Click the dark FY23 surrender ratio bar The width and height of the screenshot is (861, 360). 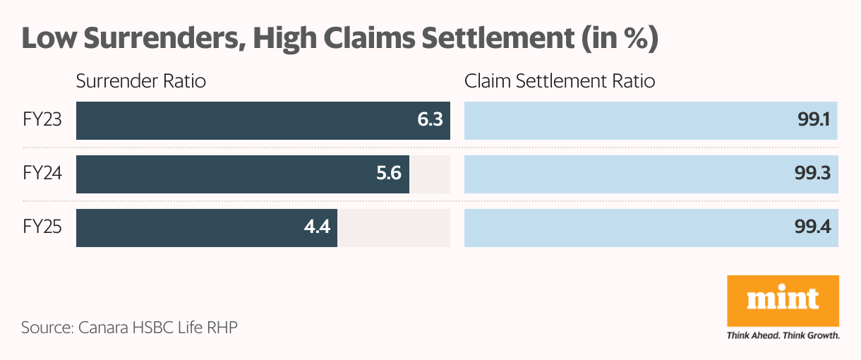click(240, 120)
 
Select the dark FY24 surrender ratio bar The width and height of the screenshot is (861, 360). click(226, 174)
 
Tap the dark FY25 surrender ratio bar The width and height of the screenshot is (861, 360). click(191, 228)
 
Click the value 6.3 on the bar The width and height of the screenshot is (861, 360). click(430, 120)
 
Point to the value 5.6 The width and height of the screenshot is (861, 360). click(389, 174)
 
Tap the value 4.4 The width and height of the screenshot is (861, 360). click(317, 228)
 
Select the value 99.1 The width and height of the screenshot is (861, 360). click(814, 120)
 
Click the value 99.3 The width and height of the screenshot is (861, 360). click(813, 174)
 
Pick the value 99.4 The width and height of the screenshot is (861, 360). click(813, 228)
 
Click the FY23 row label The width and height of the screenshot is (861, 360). click(42, 120)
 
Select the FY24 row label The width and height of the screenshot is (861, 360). click(42, 174)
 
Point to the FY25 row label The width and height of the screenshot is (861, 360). click(42, 228)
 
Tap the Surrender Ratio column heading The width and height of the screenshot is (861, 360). click(141, 81)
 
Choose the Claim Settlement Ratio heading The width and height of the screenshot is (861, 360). click(560, 81)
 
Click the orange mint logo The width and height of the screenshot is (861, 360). click(783, 300)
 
